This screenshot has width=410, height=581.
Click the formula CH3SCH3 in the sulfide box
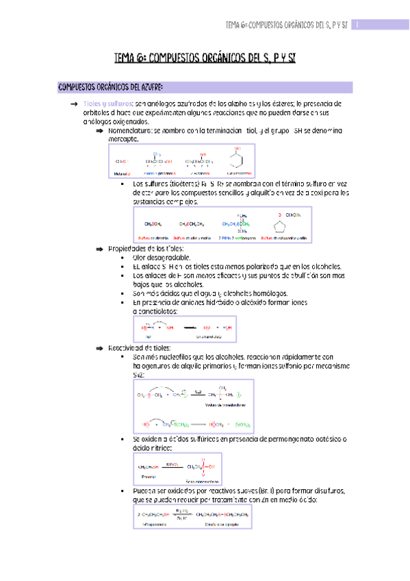pos(153,223)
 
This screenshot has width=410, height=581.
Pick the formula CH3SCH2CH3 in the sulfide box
pos(193,223)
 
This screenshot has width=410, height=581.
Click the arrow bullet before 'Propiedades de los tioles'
pos(99,248)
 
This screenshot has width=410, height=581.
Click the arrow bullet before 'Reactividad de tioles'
pos(99,349)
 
